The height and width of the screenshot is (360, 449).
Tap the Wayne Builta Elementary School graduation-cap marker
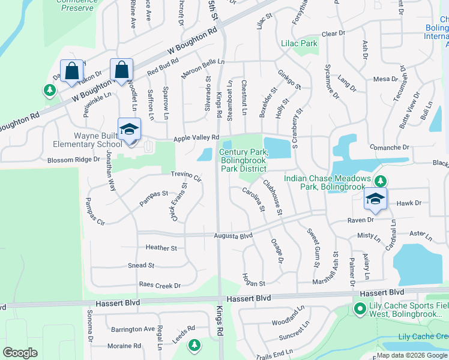128,130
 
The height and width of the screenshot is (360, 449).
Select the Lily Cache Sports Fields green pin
360,310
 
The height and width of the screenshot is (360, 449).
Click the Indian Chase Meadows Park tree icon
379,180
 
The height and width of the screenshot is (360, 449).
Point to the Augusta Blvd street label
233,236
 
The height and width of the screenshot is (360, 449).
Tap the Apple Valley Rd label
196,139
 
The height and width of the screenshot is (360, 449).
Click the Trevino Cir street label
186,175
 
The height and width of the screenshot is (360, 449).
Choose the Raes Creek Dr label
160,286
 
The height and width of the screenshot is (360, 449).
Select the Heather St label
161,248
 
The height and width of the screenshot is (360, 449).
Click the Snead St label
141,265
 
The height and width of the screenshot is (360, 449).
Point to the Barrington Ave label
133,329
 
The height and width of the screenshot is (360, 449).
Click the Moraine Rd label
124,346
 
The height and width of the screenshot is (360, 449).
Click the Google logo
20,353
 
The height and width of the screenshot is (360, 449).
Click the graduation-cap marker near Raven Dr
376,199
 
